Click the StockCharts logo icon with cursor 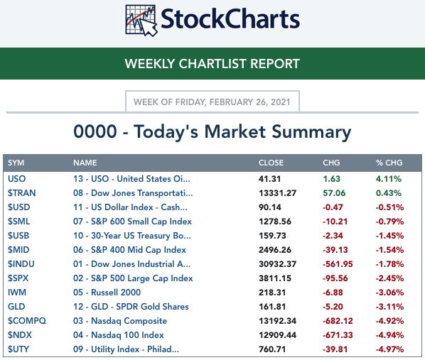[141, 21]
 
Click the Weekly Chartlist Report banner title [212, 64]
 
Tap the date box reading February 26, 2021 [212, 102]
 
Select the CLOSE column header [271, 163]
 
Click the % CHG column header [389, 163]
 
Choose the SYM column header [16, 163]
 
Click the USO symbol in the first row [17, 179]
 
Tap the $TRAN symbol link [22, 193]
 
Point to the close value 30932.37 [278, 264]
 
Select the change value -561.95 [338, 264]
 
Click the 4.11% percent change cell [389, 179]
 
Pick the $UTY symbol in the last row [18, 349]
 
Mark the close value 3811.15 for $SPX [275, 278]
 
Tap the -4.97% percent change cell [389, 349]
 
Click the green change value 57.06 [334, 193]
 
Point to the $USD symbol [18, 207]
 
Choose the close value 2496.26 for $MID [275, 250]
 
